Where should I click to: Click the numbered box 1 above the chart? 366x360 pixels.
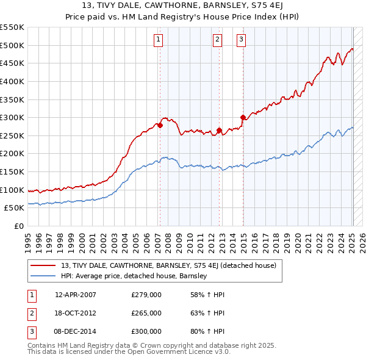[x=158, y=40]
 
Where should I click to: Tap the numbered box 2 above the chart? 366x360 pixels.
[x=217, y=40]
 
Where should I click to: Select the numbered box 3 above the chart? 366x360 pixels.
[x=241, y=40]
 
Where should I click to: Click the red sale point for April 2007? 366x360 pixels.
[x=160, y=125]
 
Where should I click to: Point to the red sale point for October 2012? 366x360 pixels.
[x=219, y=130]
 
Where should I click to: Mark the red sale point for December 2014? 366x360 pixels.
[x=243, y=117]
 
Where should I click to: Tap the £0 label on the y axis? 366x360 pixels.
[x=18, y=226]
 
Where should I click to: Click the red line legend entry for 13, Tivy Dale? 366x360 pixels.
[x=169, y=265]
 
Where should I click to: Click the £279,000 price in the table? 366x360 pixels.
[x=146, y=295]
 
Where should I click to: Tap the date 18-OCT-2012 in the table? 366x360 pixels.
[x=76, y=313]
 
